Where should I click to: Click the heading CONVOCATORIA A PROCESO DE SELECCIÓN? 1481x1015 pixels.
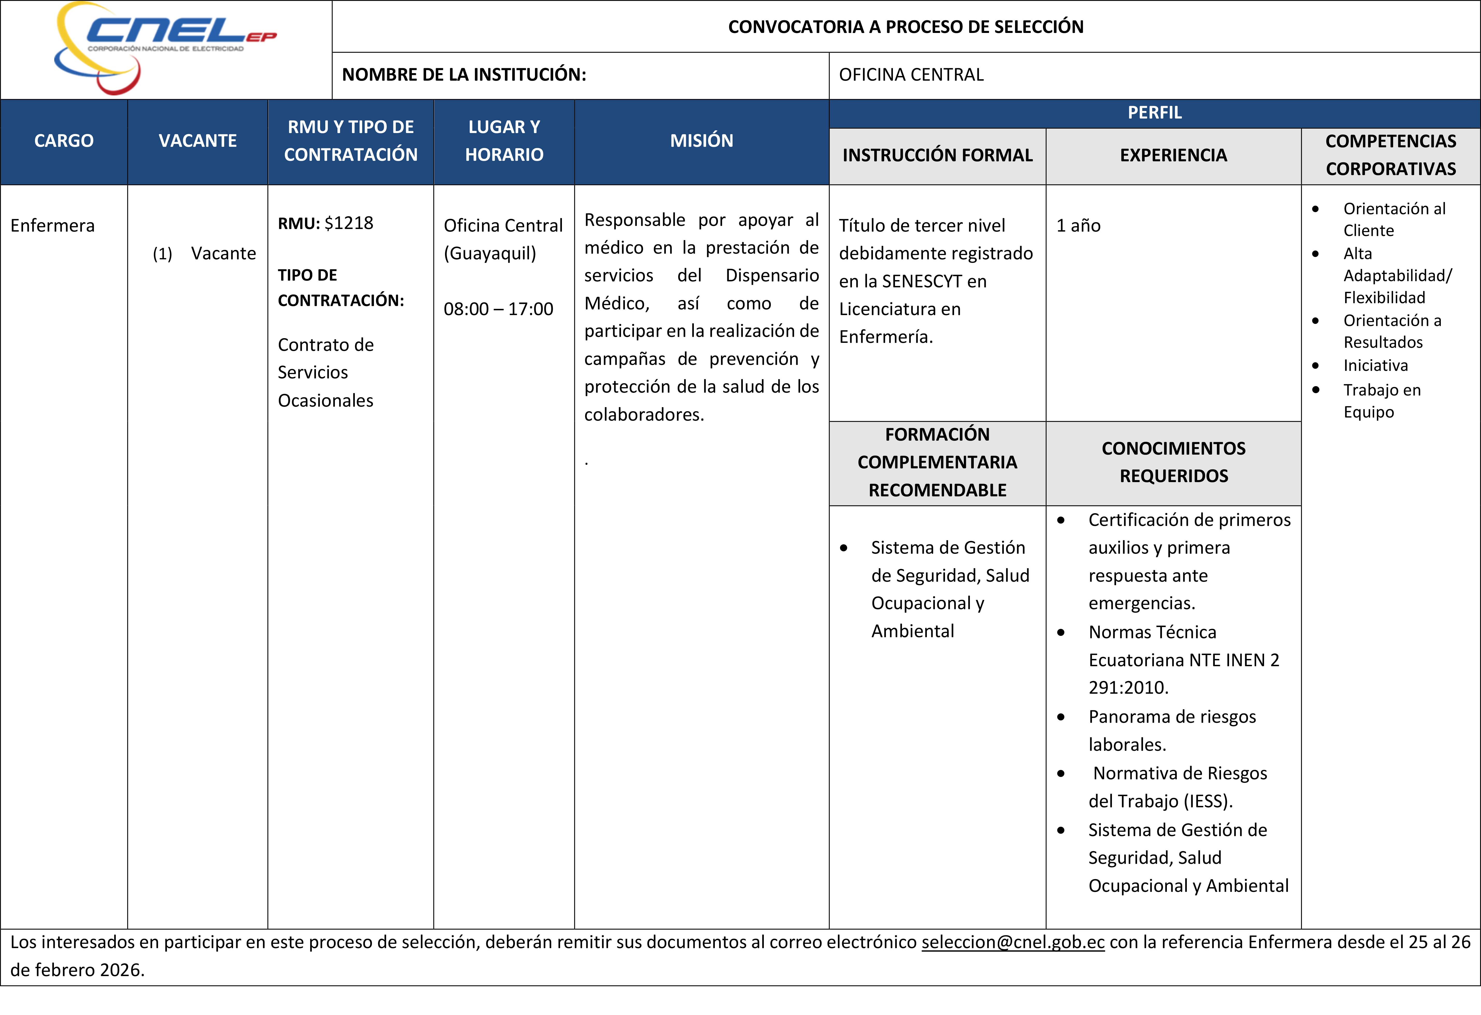[x=906, y=27]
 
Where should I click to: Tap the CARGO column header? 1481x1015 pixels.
[x=64, y=141]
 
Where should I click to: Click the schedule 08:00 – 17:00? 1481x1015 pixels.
[x=498, y=309]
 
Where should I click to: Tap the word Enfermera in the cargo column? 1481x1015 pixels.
[x=52, y=226]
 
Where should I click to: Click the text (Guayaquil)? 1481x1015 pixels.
[x=489, y=254]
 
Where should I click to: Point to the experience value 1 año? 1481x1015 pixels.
[x=1078, y=226]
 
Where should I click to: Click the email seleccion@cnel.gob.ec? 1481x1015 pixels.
[x=1013, y=942]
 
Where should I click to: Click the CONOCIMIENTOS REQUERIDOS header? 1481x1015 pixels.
[x=1173, y=462]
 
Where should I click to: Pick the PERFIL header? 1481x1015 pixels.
[x=1154, y=113]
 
